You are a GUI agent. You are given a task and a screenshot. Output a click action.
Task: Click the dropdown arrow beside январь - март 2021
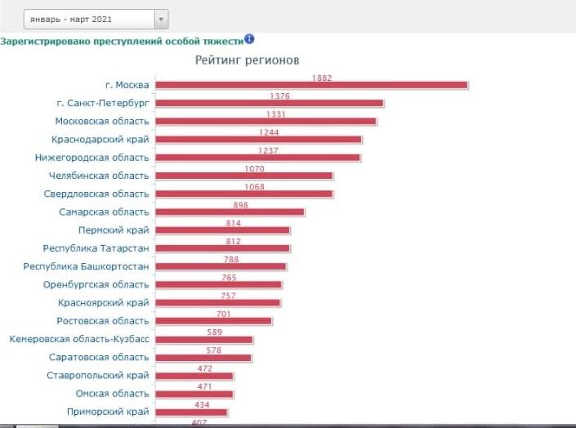161,19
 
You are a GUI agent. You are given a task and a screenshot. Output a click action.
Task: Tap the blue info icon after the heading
249,38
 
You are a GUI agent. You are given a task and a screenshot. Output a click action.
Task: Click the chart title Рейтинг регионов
247,60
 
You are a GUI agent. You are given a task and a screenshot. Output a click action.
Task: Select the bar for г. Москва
311,85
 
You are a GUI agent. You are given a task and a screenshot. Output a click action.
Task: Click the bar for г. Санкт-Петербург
270,103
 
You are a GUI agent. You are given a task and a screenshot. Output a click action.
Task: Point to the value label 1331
276,114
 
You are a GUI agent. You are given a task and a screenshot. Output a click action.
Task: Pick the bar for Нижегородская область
258,158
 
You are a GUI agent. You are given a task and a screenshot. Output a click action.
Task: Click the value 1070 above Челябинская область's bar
255,168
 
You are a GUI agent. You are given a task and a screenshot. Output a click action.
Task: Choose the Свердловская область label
96,194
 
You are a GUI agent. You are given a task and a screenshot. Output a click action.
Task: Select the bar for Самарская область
230,212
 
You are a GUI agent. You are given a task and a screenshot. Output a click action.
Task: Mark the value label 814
234,223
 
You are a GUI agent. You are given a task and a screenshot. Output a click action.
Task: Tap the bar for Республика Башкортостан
221,266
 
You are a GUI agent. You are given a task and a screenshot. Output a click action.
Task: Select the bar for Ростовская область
213,321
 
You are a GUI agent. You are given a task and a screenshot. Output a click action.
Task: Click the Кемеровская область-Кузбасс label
79,339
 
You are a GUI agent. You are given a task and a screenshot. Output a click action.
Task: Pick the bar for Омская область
194,395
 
